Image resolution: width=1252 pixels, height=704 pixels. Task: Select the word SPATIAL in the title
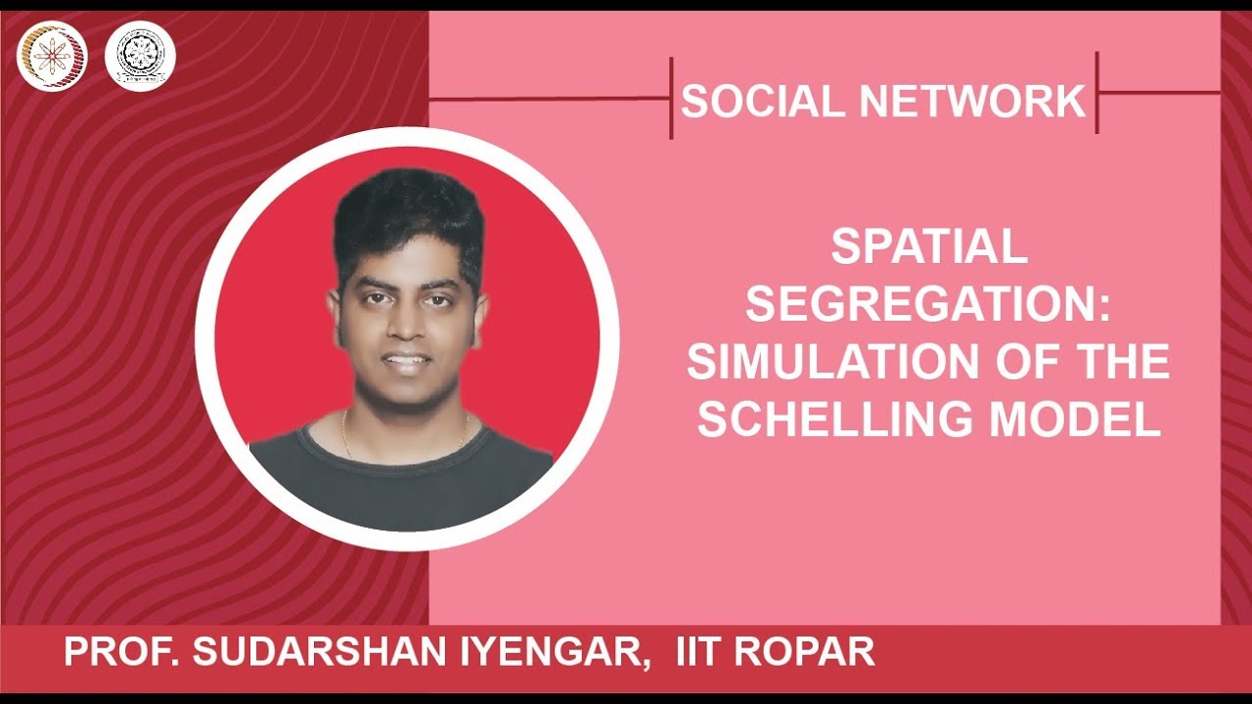coord(928,248)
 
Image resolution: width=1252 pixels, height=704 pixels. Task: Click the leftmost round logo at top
coord(52,55)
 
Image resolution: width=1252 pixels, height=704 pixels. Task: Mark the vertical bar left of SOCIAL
coord(672,97)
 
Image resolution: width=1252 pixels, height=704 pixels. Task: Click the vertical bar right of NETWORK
coord(1096,93)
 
